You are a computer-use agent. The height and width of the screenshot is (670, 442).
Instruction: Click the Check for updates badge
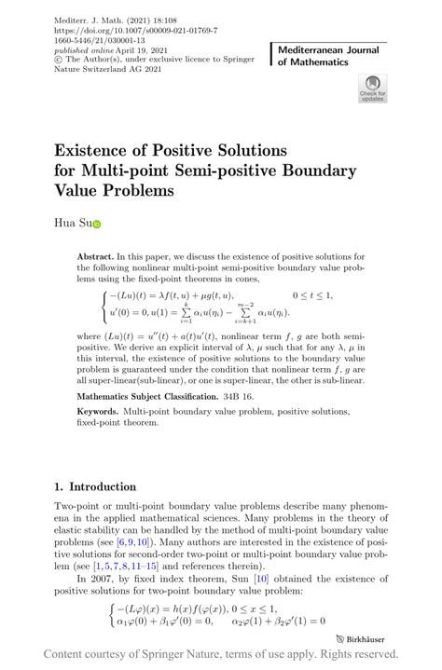click(372, 90)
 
